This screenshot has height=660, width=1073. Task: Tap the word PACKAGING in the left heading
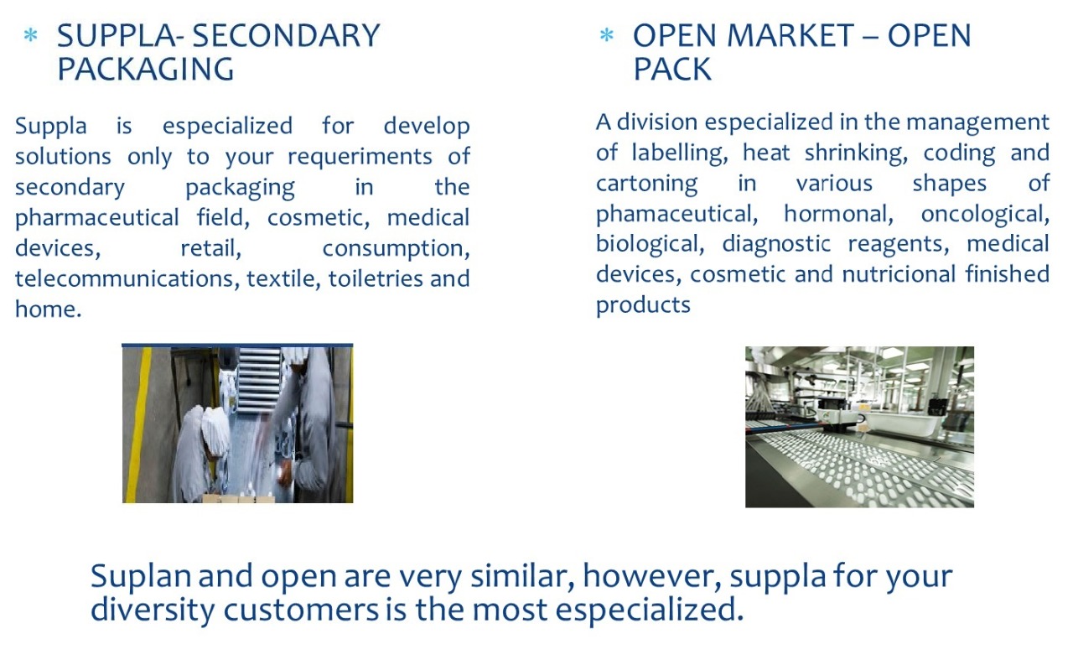(x=146, y=69)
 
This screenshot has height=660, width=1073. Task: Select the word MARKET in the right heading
(x=790, y=36)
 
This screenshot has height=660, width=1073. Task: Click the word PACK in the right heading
(x=672, y=69)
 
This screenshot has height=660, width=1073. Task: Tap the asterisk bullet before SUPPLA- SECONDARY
(x=31, y=36)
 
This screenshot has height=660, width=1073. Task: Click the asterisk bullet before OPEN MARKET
(x=606, y=35)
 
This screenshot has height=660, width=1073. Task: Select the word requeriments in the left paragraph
(x=360, y=157)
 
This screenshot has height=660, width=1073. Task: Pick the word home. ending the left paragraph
(x=48, y=309)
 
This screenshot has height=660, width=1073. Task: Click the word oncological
(x=985, y=214)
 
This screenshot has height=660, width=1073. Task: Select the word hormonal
(x=838, y=214)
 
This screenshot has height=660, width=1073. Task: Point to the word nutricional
(x=899, y=274)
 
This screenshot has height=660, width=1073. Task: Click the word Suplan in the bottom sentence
(x=141, y=577)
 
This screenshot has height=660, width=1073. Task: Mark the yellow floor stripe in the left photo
(x=137, y=424)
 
